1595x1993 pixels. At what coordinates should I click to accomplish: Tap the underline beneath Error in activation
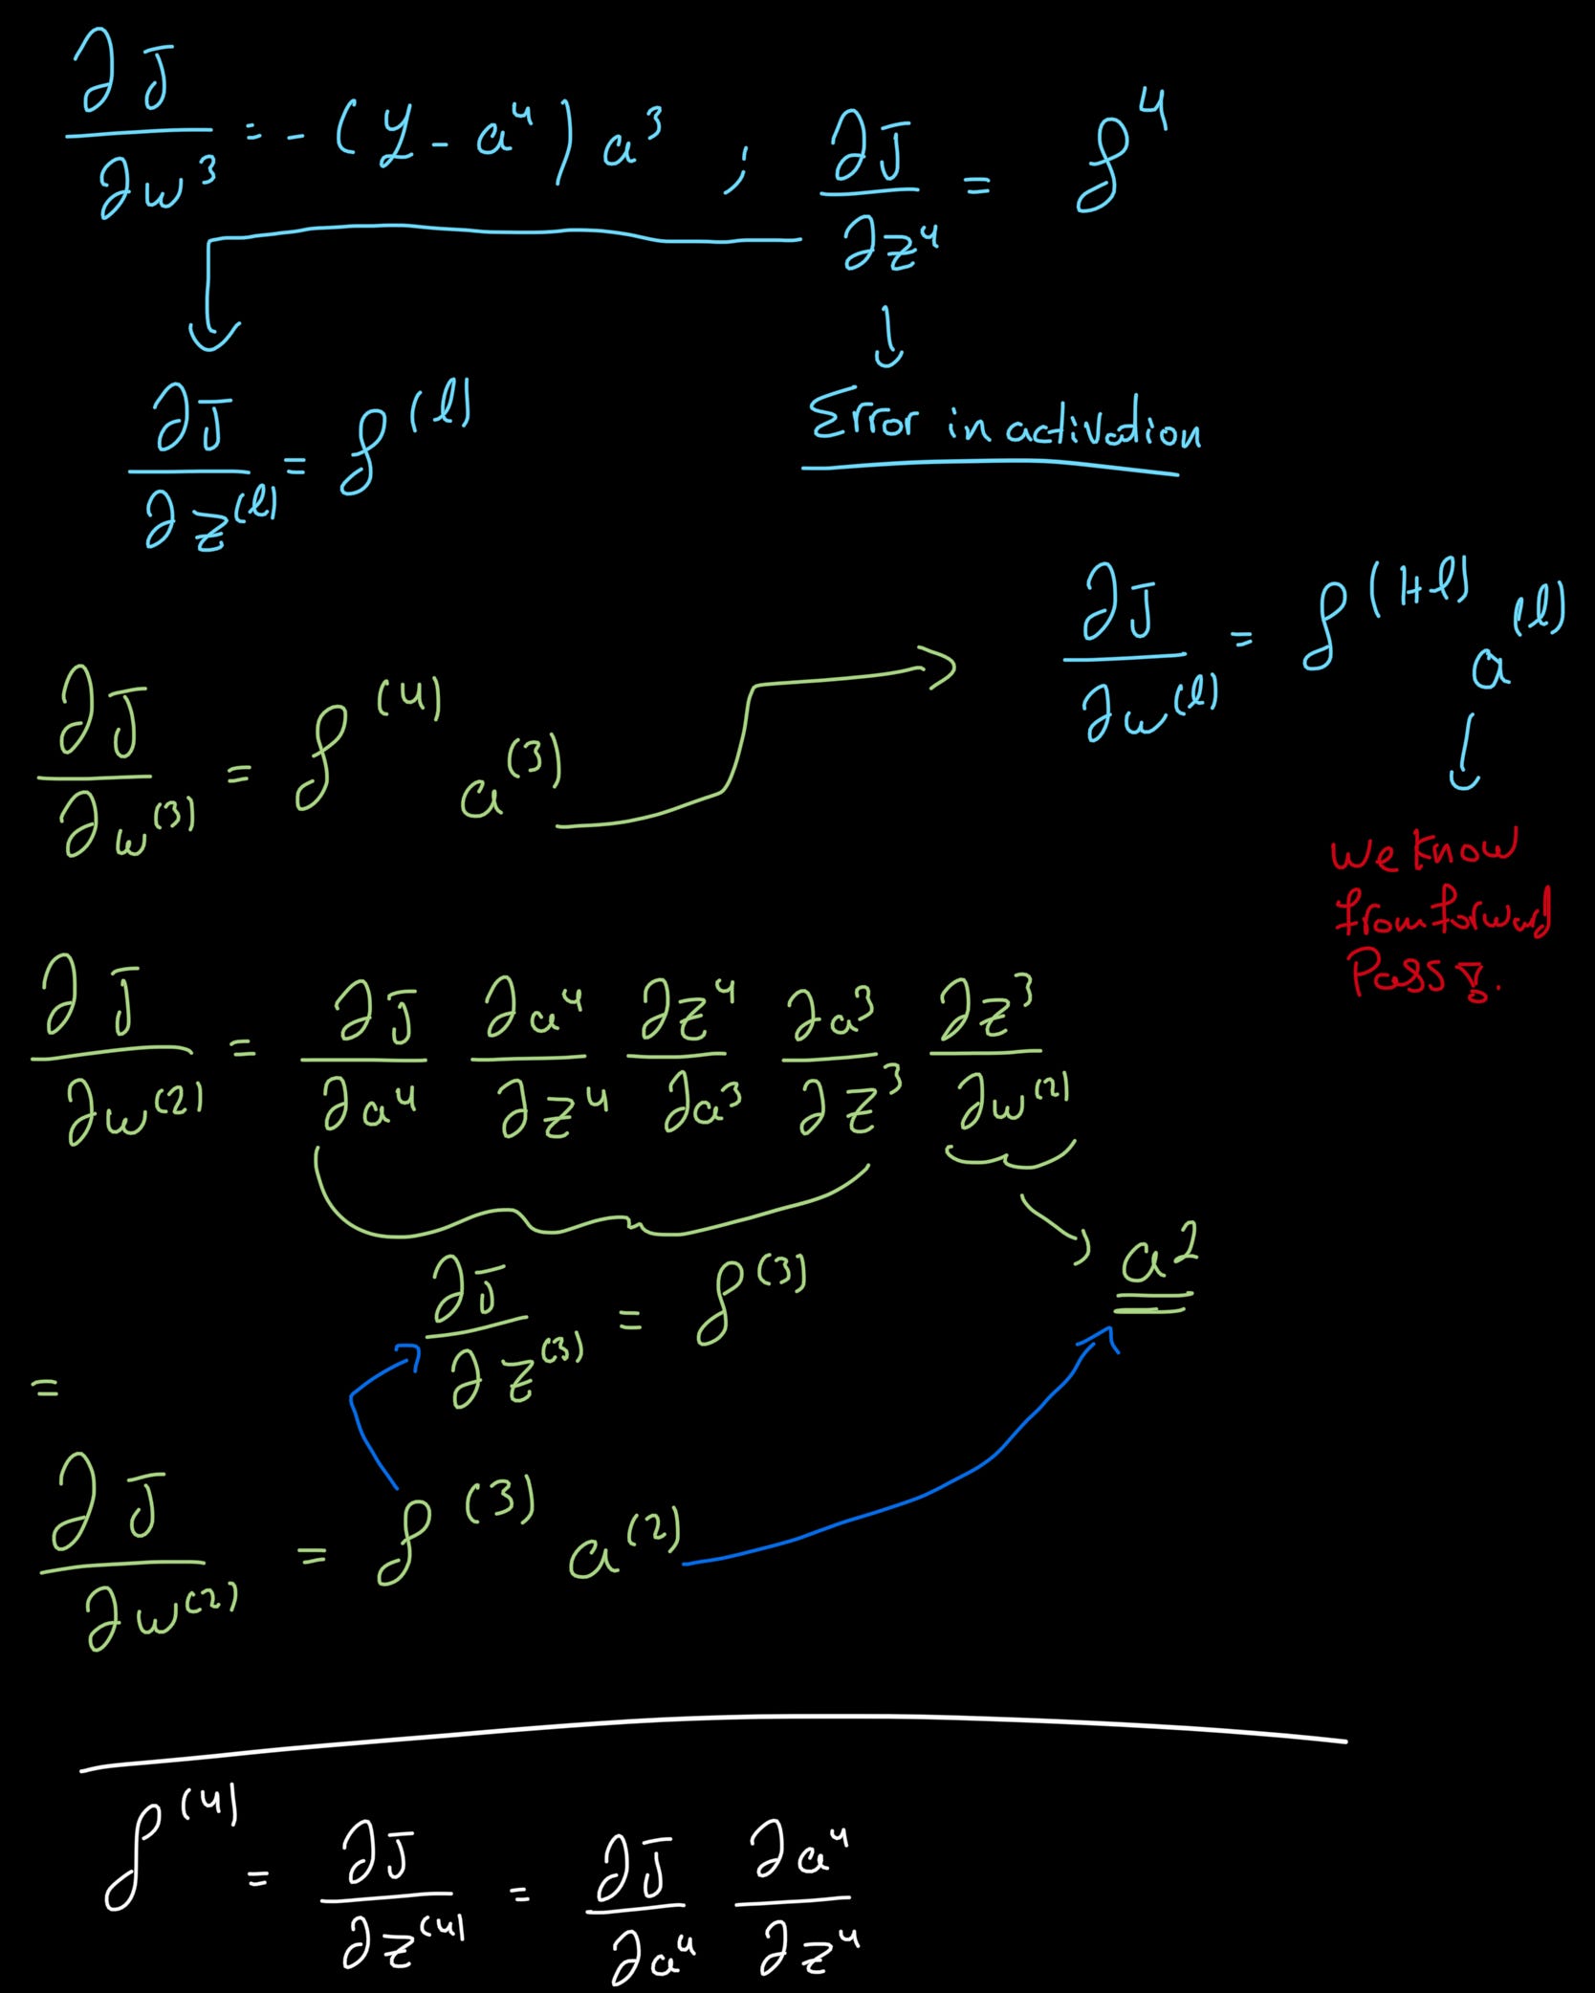[990, 466]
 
